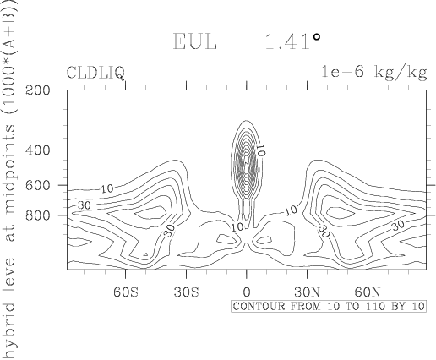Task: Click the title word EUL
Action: [194, 41]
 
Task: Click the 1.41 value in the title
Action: [287, 41]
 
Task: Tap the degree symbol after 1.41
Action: [317, 36]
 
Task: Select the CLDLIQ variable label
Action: [95, 73]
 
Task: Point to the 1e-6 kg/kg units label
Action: [374, 73]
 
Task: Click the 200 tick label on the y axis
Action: [38, 90]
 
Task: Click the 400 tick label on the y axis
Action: [38, 150]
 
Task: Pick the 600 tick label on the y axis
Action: [38, 185]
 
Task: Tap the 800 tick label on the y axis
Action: [38, 215]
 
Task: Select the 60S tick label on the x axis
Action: [126, 292]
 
